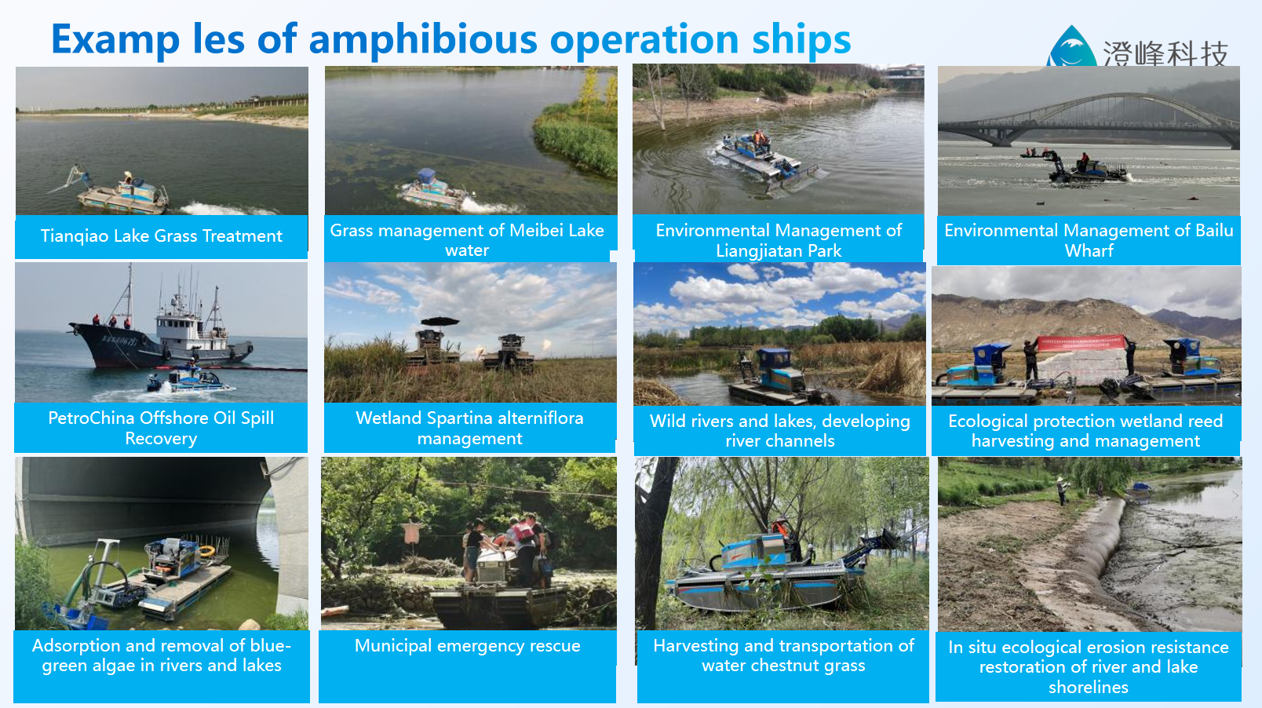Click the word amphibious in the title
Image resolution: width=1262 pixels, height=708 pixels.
[x=423, y=40]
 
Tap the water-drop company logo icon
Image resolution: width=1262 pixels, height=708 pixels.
[x=1071, y=47]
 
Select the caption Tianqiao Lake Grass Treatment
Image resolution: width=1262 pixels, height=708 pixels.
[x=161, y=236]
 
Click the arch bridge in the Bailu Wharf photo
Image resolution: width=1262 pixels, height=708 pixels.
[x=1089, y=119]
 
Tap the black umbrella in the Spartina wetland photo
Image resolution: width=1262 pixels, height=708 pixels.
[x=440, y=322]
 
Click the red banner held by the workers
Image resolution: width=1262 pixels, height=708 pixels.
[x=1081, y=342]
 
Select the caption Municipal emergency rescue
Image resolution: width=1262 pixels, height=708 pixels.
[x=467, y=645]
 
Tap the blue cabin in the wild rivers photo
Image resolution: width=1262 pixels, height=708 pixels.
[x=775, y=360]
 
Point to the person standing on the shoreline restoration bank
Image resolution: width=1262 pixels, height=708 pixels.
[x=1062, y=491]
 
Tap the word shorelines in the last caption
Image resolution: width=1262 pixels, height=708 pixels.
[x=1088, y=687]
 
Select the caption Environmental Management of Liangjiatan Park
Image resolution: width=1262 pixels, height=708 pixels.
[x=779, y=240]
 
